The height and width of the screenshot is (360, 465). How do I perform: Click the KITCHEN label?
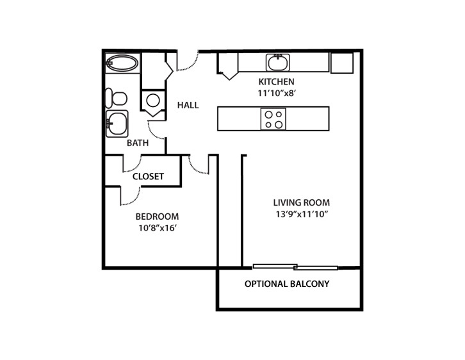click(x=276, y=81)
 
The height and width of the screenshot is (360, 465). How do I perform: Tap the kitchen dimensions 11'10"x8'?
click(x=276, y=92)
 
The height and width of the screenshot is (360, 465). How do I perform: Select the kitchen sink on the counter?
click(x=277, y=62)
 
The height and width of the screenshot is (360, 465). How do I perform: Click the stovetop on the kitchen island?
click(x=273, y=119)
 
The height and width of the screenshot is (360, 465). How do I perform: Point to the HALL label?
click(x=188, y=105)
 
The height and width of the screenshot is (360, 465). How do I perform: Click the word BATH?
click(x=137, y=143)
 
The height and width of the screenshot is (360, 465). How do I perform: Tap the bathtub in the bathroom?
click(x=122, y=63)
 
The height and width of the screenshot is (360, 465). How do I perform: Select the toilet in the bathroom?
click(x=117, y=98)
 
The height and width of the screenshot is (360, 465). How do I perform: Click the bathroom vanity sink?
click(x=117, y=123)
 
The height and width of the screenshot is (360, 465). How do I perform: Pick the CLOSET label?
click(x=149, y=176)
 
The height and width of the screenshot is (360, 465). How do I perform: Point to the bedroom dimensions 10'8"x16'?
click(x=157, y=227)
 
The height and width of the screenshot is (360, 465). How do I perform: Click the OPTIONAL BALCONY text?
click(x=287, y=284)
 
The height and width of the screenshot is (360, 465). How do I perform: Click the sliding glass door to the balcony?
click(x=295, y=266)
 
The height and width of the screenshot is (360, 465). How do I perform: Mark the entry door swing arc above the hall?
click(x=188, y=62)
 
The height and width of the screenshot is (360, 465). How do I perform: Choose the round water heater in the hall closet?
click(x=153, y=100)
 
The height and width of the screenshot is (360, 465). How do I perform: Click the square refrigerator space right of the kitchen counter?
click(x=341, y=62)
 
